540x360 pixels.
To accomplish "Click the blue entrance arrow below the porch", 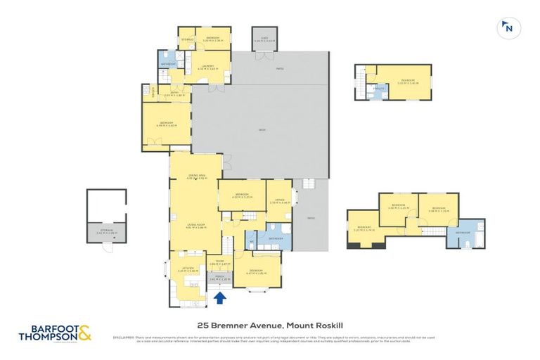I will (219, 298).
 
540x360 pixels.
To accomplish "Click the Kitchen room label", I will (188, 268).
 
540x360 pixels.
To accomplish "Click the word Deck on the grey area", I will (262, 130).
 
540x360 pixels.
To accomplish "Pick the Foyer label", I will (219, 263).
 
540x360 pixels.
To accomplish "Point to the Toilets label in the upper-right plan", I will (378, 89).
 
